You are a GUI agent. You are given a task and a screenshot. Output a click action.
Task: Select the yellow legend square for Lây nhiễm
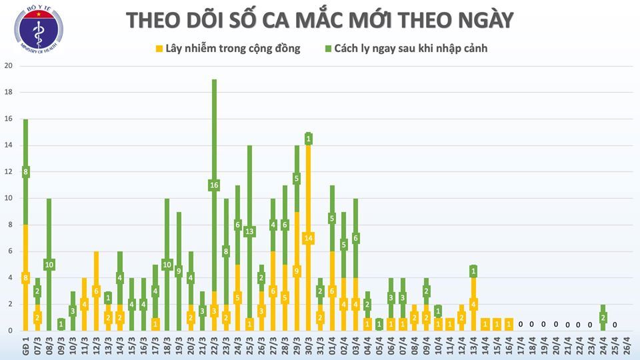(x=159, y=48)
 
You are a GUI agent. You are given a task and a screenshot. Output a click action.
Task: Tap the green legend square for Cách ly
(x=329, y=48)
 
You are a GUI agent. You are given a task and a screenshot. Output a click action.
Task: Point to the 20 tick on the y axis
(x=9, y=66)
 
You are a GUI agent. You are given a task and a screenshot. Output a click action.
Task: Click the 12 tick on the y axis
(x=9, y=172)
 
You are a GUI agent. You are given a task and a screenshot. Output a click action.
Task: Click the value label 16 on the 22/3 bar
(x=214, y=185)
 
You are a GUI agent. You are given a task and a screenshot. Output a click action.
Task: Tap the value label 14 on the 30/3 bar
(x=308, y=238)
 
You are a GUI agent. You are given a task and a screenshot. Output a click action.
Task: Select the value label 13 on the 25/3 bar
(x=249, y=231)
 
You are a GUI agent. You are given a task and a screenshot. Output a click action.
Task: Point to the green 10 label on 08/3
(x=49, y=265)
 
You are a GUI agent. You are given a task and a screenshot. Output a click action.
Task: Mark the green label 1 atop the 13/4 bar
(x=473, y=271)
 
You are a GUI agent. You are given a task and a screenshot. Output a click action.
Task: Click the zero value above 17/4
(x=520, y=324)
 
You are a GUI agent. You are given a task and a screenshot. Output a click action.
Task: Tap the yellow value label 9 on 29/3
(x=296, y=271)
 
